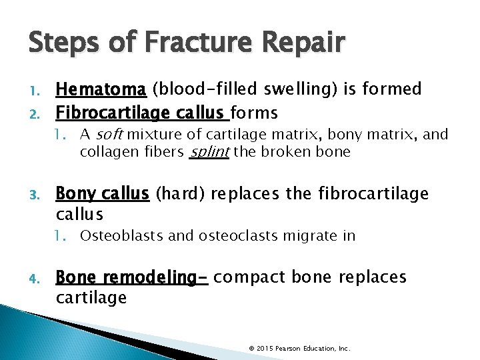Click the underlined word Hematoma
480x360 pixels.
(101, 89)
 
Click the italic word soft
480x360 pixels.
(111, 135)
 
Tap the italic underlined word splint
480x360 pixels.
(210, 151)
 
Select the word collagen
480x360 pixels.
(105, 151)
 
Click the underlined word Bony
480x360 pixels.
(76, 194)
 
